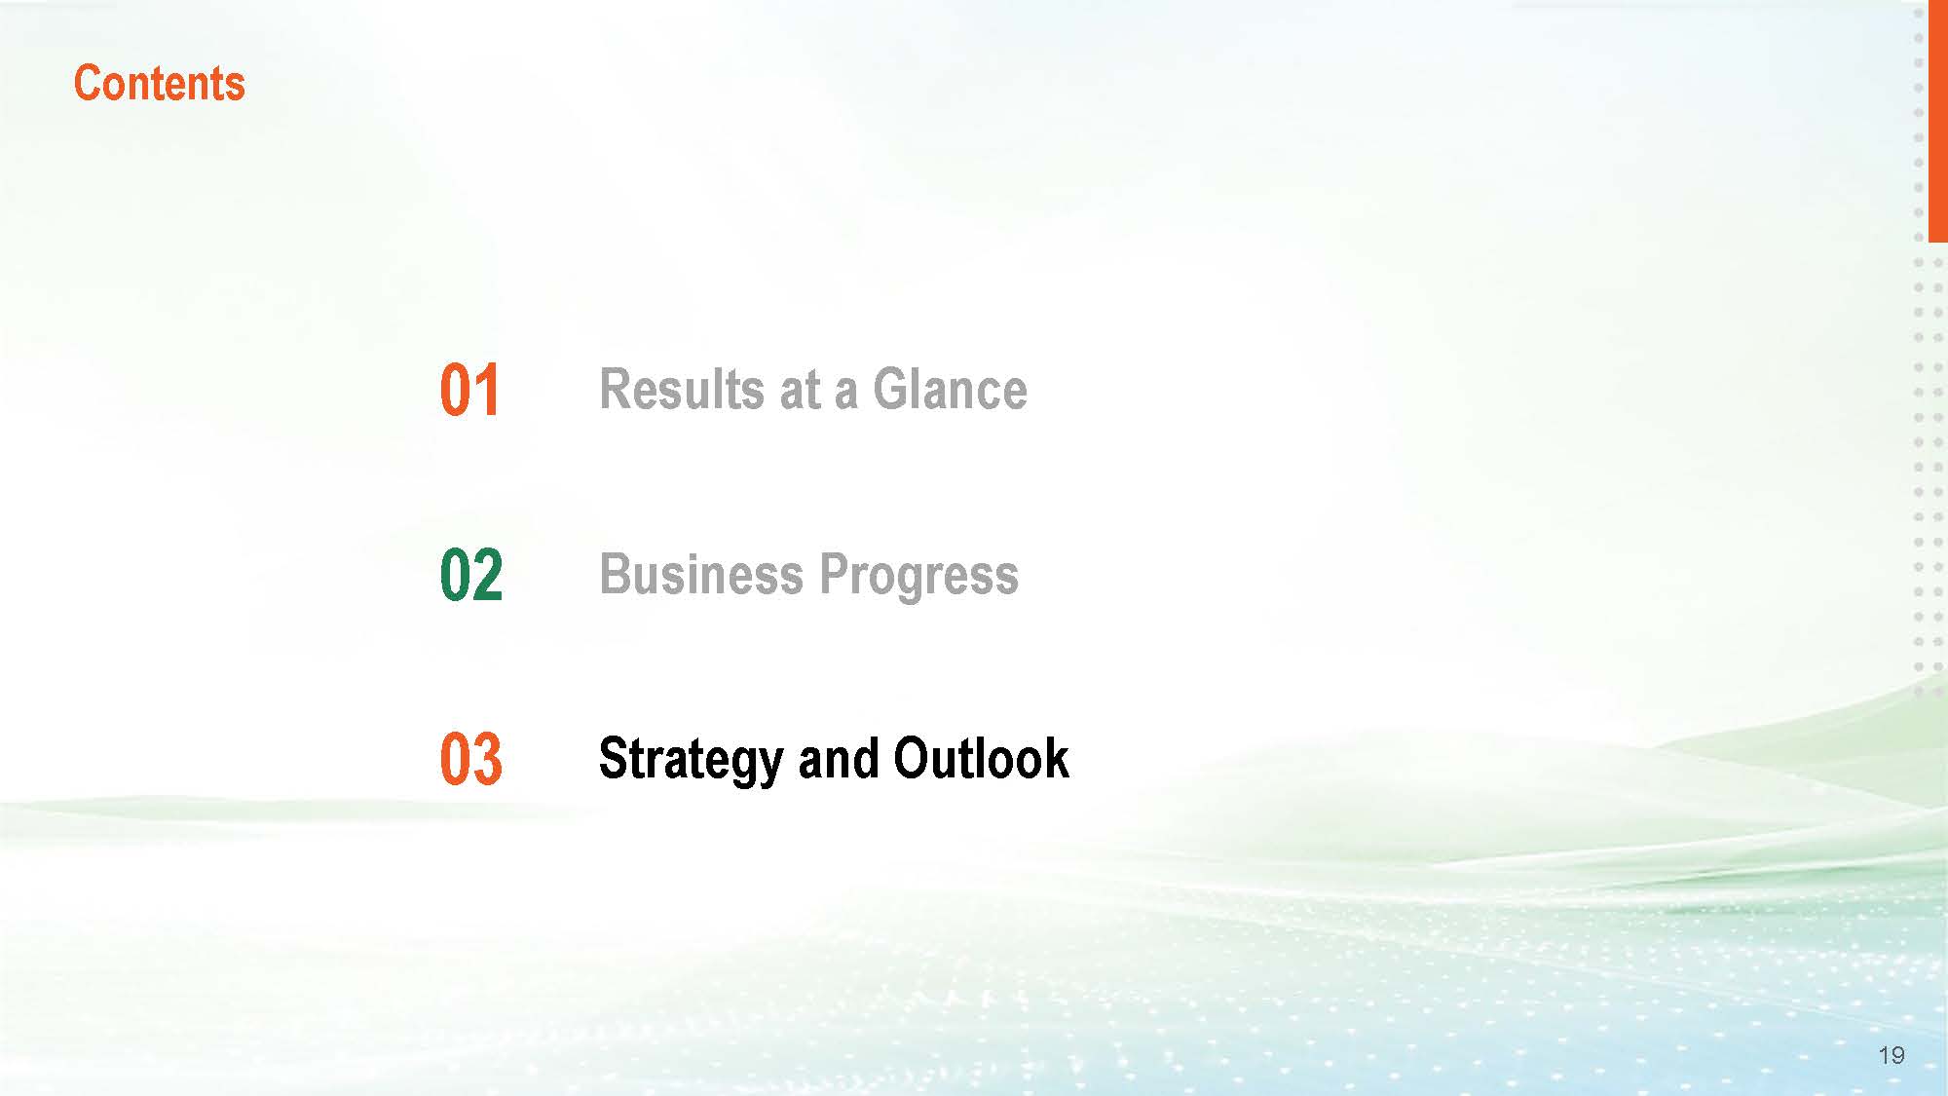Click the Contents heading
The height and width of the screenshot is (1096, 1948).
(160, 83)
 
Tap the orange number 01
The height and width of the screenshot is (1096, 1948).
(469, 391)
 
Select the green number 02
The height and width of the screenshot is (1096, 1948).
(471, 575)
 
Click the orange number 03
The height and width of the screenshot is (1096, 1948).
(471, 759)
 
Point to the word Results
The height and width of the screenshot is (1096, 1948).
(681, 389)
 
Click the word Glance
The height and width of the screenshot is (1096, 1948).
(950, 389)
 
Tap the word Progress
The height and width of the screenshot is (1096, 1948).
(919, 576)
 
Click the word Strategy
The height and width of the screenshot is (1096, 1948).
(691, 760)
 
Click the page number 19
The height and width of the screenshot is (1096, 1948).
(1892, 1055)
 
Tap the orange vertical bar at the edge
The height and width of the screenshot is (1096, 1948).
(1937, 121)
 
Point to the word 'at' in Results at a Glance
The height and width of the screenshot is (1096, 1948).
(800, 391)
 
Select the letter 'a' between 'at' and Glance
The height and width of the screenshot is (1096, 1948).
(845, 396)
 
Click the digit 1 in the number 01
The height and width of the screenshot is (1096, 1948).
(487, 391)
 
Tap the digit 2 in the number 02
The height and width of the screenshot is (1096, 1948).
(488, 575)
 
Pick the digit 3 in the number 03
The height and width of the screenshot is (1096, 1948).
(488, 759)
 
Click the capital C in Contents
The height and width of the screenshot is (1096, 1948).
(88, 83)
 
